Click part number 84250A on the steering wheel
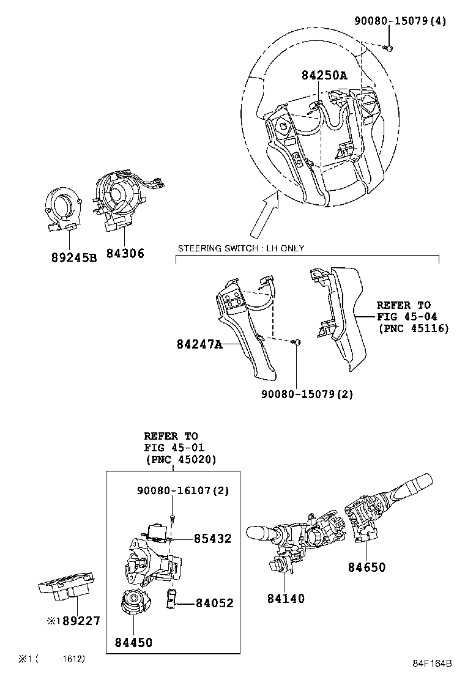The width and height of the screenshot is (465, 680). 324,75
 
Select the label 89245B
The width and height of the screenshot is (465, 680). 74,257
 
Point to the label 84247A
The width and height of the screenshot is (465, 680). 199,345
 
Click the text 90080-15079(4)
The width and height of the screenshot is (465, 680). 400,21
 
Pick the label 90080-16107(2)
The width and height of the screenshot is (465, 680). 174,490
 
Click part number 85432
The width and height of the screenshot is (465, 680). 213,539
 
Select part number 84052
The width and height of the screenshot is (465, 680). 214,603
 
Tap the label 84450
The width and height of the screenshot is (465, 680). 133,642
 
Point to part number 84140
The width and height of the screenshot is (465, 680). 286,599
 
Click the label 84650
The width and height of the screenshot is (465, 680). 367,567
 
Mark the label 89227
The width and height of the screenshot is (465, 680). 79,621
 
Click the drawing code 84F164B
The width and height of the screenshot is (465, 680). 431,663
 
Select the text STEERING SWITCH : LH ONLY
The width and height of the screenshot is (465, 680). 240,248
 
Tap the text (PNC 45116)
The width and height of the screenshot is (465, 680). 413,328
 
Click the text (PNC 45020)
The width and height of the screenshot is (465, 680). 180,459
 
